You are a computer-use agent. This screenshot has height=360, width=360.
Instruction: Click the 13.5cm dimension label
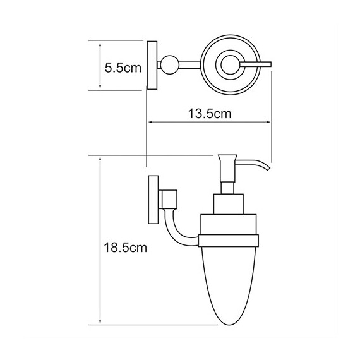coord(210,114)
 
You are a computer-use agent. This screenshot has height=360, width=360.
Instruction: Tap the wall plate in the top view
coord(152,65)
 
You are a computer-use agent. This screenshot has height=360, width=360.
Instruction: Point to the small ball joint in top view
coord(167,64)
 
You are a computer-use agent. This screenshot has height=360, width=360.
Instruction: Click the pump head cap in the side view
coord(228,160)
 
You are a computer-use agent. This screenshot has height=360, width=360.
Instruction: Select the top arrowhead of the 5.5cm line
coord(100,42)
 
